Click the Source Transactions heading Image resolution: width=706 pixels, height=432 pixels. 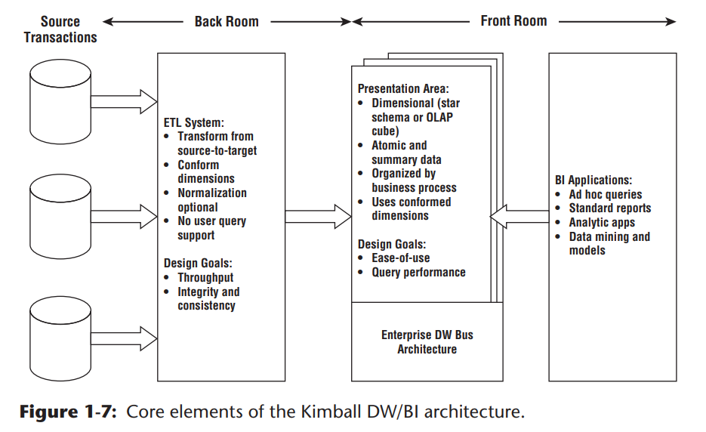coord(60,29)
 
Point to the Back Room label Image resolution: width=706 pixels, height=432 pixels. coord(227,22)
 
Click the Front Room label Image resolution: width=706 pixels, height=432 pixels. coord(513,21)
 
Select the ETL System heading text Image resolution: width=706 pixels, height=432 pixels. coord(194,122)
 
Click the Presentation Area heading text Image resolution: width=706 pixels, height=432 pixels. coord(403,88)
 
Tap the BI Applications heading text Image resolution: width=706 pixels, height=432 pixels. coord(593,180)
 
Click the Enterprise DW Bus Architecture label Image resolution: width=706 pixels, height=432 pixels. coord(427,341)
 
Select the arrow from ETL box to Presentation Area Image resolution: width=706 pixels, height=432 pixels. coord(317,216)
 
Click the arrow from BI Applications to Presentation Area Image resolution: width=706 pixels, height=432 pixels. coord(519,216)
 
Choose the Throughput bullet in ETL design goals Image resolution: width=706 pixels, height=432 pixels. coord(205,277)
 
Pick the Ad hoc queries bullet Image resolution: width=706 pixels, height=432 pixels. coord(605,194)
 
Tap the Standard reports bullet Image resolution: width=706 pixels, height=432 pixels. coord(609,208)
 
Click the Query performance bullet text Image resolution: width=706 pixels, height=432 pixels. coord(418,272)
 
